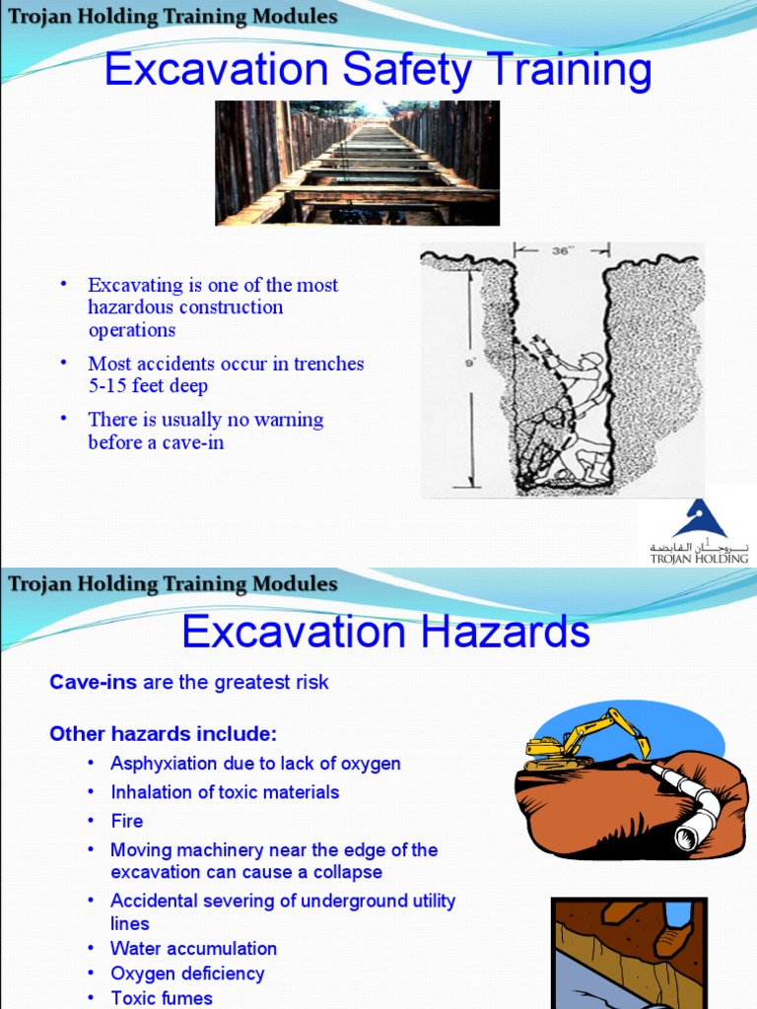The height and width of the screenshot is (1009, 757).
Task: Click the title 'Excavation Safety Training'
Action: tap(378, 71)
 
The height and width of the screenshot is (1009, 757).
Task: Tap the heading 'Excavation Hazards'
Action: tap(385, 631)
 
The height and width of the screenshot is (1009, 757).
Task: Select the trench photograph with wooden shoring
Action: tap(357, 163)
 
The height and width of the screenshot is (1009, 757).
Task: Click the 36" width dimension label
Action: tap(562, 251)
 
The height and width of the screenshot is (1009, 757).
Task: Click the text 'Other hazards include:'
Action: tap(164, 734)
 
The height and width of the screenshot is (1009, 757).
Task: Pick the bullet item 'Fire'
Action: tap(127, 821)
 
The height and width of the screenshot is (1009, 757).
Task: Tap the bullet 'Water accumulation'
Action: tap(193, 948)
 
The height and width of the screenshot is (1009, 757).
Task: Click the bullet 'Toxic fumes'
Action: tap(161, 997)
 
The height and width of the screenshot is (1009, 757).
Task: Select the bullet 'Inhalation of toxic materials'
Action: tap(225, 792)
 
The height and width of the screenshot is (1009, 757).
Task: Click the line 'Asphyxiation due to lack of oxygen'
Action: tap(255, 764)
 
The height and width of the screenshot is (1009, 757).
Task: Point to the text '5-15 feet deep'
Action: tap(148, 386)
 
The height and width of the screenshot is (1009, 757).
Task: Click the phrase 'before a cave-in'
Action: tap(156, 442)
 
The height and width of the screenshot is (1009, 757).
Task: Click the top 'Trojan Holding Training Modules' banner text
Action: tap(172, 17)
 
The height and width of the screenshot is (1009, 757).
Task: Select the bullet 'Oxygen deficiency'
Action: tap(187, 973)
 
